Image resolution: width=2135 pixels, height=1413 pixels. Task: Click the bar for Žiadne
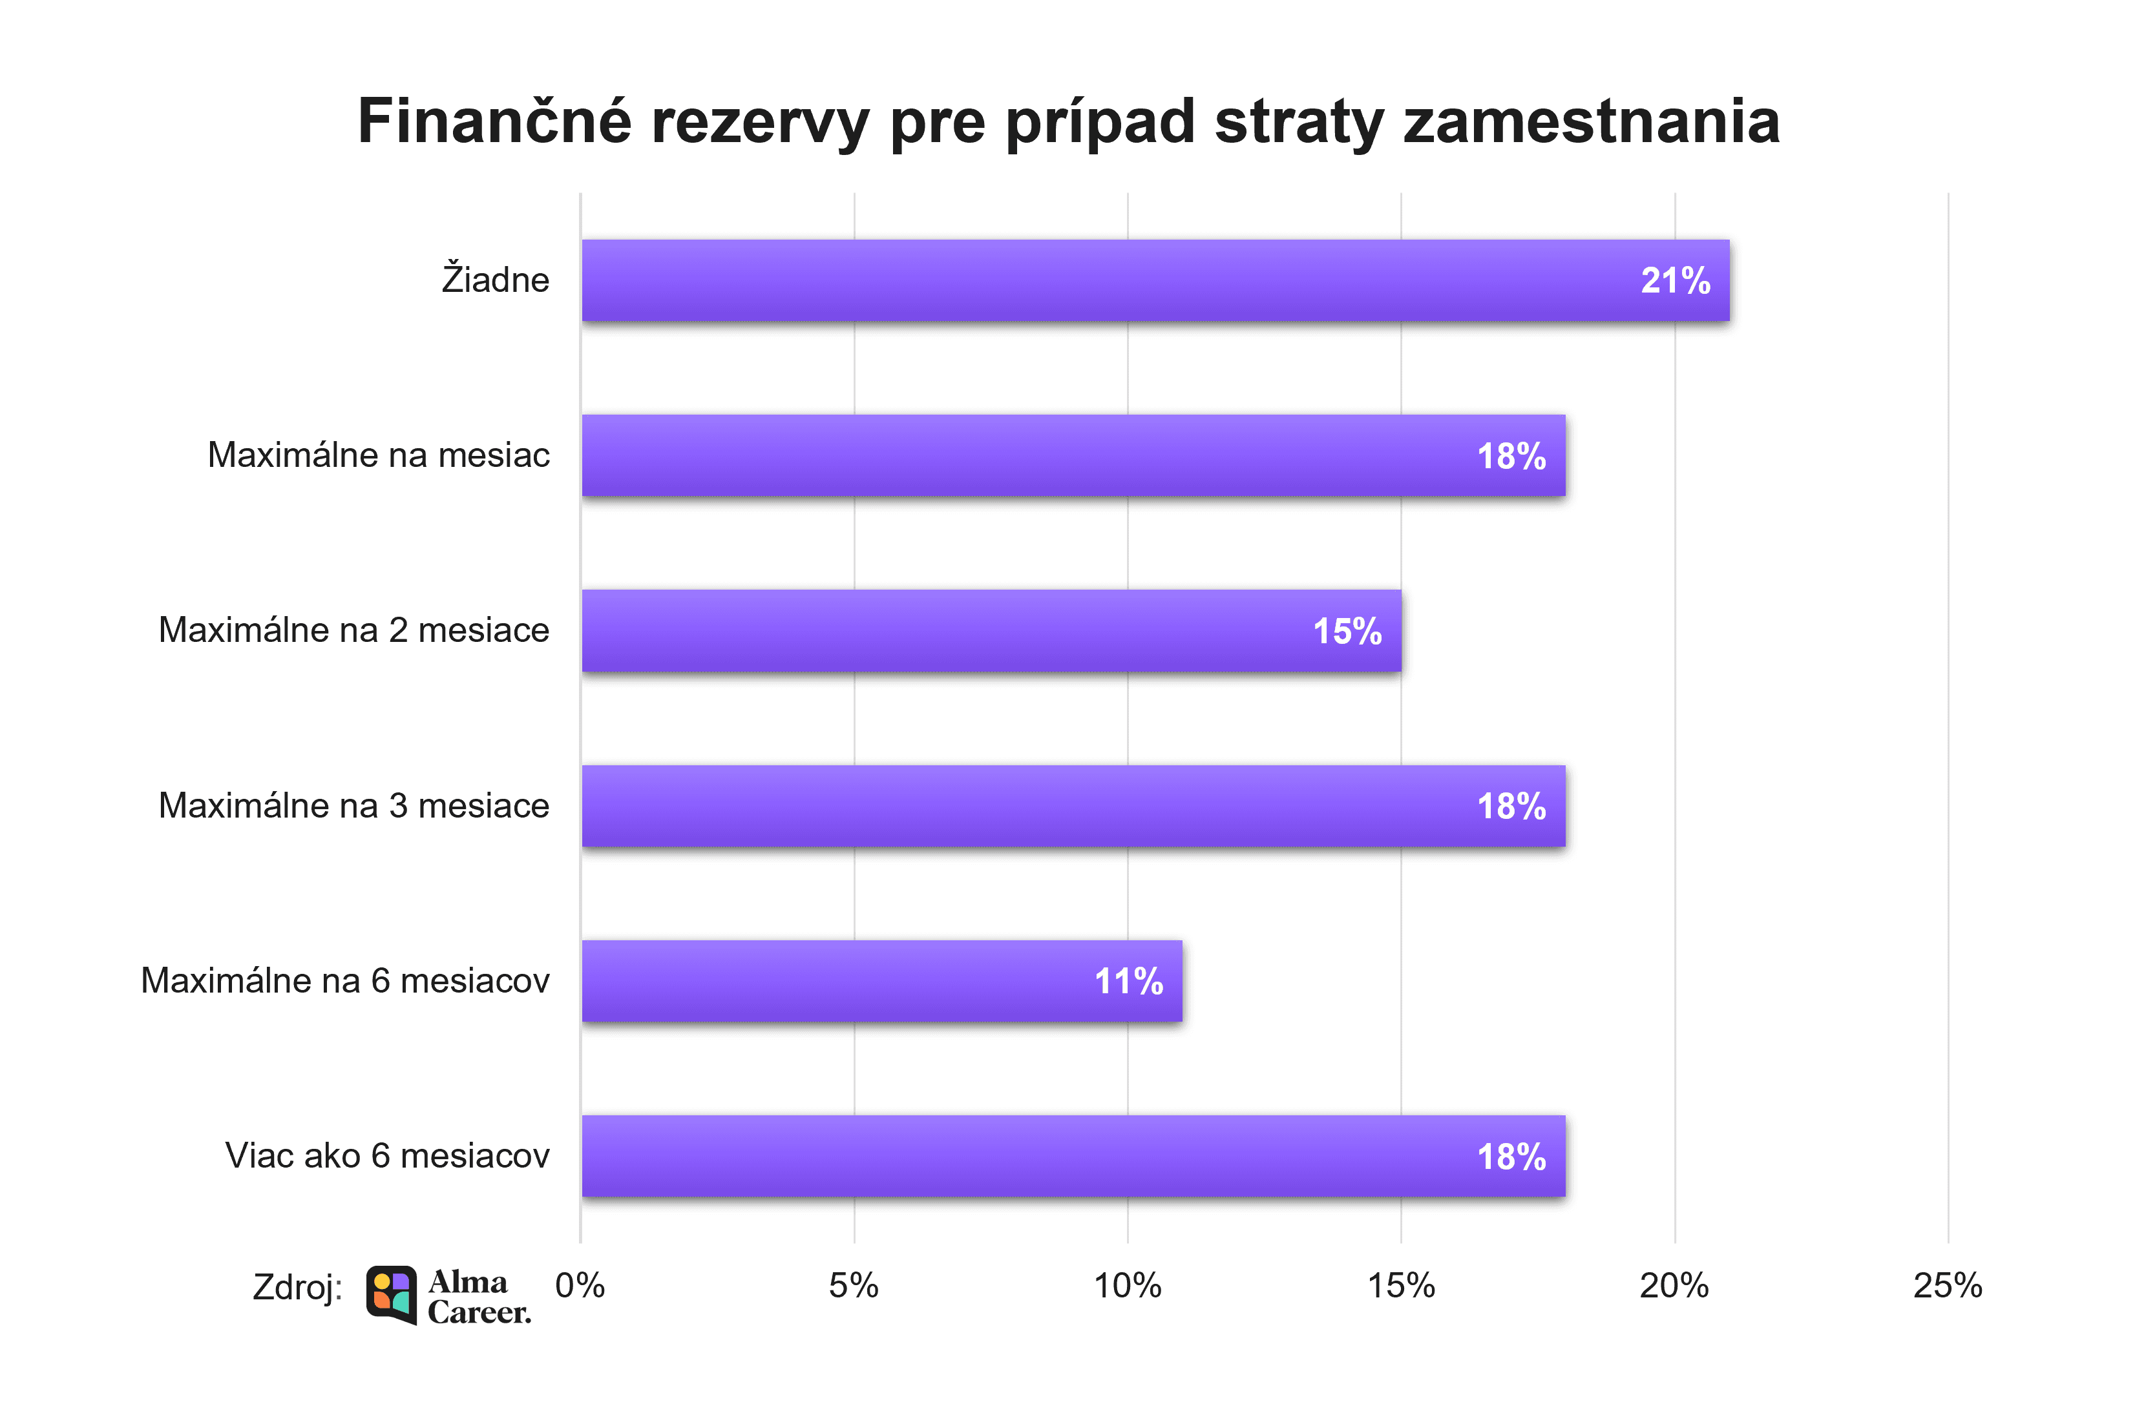pyautogui.click(x=1154, y=280)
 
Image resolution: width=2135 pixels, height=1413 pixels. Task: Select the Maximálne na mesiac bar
pyautogui.click(x=1073, y=455)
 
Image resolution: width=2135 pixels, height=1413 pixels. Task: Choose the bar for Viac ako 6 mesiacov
pyautogui.click(x=1073, y=1156)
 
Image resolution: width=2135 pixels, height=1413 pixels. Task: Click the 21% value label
pyautogui.click(x=1674, y=281)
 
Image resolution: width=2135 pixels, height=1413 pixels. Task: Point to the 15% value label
pyautogui.click(x=1346, y=632)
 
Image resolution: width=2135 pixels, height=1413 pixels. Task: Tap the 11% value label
pyautogui.click(x=1128, y=982)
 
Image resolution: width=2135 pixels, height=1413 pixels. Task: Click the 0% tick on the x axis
pyautogui.click(x=580, y=1286)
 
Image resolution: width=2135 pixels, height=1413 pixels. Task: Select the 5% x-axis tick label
pyautogui.click(x=853, y=1286)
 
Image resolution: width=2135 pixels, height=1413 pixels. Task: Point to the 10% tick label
pyautogui.click(x=1127, y=1286)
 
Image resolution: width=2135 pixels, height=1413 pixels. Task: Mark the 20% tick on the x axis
pyautogui.click(x=1674, y=1286)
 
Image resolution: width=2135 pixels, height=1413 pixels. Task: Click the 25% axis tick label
pyautogui.click(x=1948, y=1286)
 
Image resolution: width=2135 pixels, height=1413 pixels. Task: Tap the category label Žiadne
pyautogui.click(x=495, y=280)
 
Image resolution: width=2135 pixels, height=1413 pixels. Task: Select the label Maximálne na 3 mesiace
pyautogui.click(x=353, y=805)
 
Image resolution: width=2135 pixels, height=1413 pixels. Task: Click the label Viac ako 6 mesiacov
pyautogui.click(x=387, y=1155)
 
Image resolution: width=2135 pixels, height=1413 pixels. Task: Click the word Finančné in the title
pyautogui.click(x=494, y=121)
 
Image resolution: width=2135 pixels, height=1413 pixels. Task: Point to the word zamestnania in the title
pyautogui.click(x=1590, y=121)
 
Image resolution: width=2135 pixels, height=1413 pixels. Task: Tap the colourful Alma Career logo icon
pyautogui.click(x=392, y=1294)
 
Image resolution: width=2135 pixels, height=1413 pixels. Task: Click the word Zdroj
pyautogui.click(x=297, y=1287)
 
